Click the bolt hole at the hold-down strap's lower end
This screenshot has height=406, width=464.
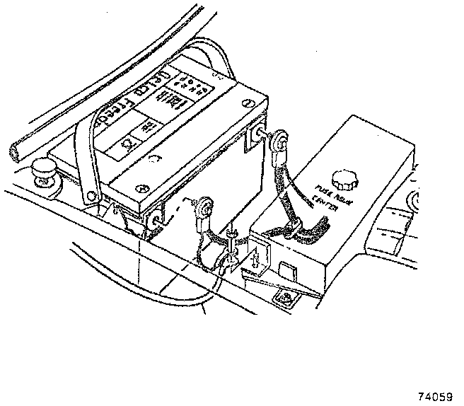click(90, 195)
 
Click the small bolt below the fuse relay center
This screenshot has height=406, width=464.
click(285, 298)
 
